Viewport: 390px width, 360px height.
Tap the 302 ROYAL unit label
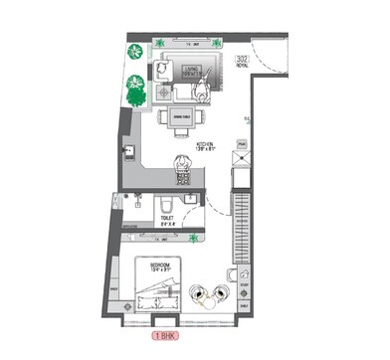point(242,63)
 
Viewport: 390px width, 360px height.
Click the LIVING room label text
point(188,71)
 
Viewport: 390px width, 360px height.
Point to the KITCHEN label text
point(205,147)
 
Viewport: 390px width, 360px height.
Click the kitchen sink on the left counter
point(128,152)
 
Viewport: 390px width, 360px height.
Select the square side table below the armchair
point(166,92)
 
